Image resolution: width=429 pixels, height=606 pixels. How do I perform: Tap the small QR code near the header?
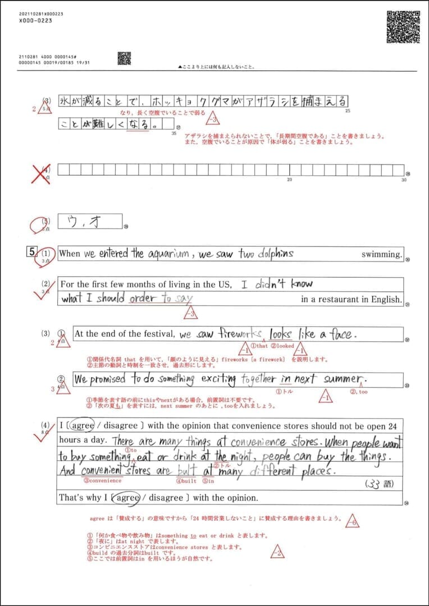click(x=124, y=58)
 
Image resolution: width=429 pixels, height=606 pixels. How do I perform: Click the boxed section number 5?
click(x=33, y=252)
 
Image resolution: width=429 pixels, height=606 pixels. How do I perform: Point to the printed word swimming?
click(x=382, y=254)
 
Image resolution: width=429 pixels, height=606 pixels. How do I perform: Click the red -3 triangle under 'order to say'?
click(x=191, y=311)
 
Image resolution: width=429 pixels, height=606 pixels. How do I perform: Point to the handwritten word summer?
click(x=342, y=380)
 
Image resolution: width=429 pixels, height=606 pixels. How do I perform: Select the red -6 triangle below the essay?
click(x=353, y=521)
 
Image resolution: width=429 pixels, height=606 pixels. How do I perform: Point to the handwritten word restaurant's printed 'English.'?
click(x=386, y=299)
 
